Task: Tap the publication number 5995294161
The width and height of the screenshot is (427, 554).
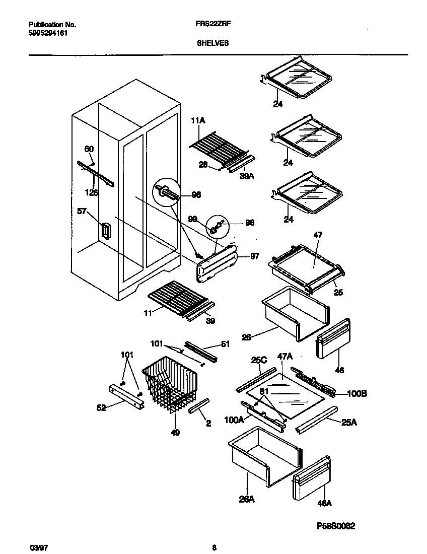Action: pos(48,33)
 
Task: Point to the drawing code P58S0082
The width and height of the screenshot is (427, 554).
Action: pos(336,526)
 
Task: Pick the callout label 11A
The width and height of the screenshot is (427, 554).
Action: pos(197,121)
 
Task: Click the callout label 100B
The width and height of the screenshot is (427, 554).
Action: pos(357,393)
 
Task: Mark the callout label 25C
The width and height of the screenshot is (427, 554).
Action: pos(259,360)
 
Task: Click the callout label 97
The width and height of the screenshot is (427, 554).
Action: pos(254,256)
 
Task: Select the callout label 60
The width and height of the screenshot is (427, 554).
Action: pos(89,149)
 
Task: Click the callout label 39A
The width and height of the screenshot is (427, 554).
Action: pos(246,176)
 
